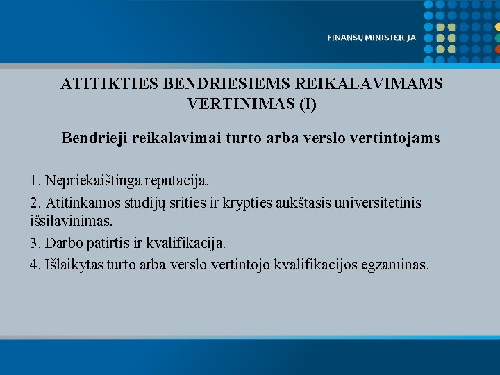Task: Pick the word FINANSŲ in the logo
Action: [344, 38]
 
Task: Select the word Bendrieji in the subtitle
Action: [93, 138]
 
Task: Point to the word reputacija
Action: [176, 181]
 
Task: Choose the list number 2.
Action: [35, 202]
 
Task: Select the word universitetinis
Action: [376, 202]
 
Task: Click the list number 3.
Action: [35, 243]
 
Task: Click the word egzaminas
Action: [395, 265]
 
